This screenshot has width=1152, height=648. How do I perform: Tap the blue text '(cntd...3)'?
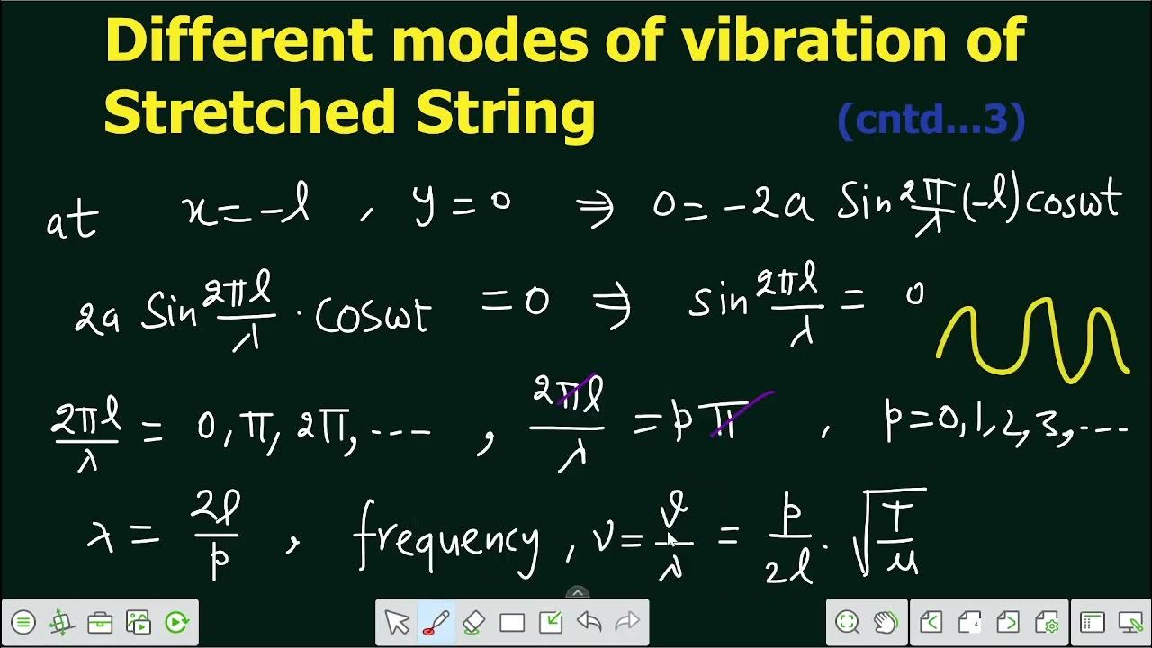click(931, 120)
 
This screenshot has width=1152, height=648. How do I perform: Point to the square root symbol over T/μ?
click(864, 535)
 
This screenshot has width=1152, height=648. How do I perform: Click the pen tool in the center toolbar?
click(436, 622)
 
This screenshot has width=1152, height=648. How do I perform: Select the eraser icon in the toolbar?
click(474, 622)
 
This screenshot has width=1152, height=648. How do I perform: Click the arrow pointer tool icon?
click(397, 622)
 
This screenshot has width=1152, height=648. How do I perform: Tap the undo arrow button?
click(589, 622)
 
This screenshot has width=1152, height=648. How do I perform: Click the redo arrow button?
click(626, 622)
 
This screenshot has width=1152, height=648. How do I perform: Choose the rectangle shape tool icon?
click(512, 622)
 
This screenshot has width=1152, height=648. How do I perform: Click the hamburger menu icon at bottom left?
click(23, 622)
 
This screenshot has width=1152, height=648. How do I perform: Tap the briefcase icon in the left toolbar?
click(100, 622)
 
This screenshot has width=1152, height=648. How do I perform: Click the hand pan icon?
click(886, 622)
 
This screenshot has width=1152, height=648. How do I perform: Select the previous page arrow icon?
click(931, 622)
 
